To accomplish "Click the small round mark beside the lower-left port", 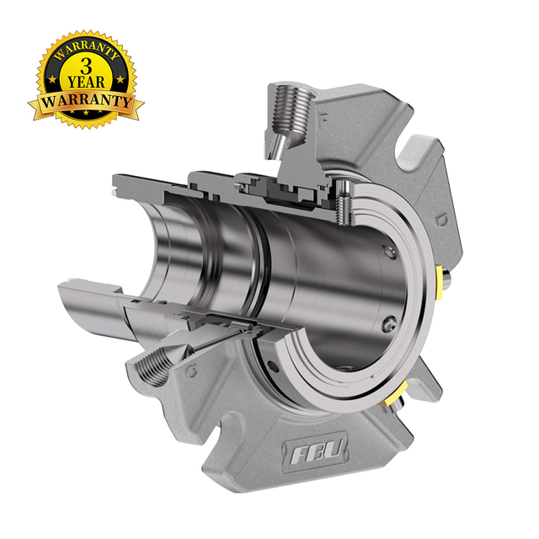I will [195, 371].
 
